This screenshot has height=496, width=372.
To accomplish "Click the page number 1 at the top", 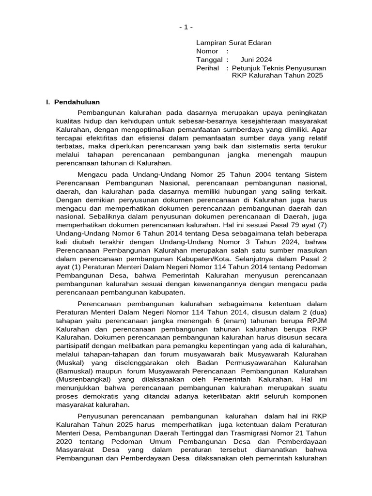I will [x=186, y=28].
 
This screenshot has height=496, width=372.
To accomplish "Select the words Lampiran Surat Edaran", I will [x=233, y=43].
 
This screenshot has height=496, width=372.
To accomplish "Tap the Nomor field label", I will [x=207, y=51].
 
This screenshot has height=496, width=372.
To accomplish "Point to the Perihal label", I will [x=207, y=67].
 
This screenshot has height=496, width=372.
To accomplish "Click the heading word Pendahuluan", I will [x=77, y=102].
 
